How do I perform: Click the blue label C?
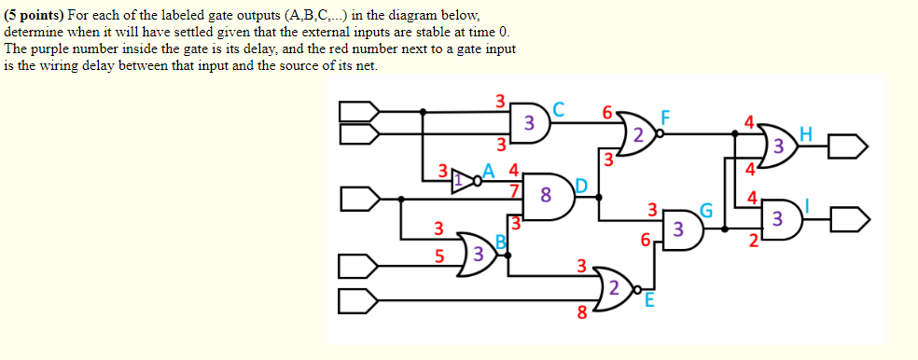[559, 108]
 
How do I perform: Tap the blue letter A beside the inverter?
[487, 171]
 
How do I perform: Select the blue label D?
[579, 186]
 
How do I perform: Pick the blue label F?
[666, 118]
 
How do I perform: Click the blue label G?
[707, 212]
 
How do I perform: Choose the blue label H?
[805, 134]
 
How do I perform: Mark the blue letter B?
[500, 242]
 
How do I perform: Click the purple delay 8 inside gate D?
[545, 196]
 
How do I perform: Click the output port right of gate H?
[853, 146]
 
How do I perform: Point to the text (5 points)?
[37, 16]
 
